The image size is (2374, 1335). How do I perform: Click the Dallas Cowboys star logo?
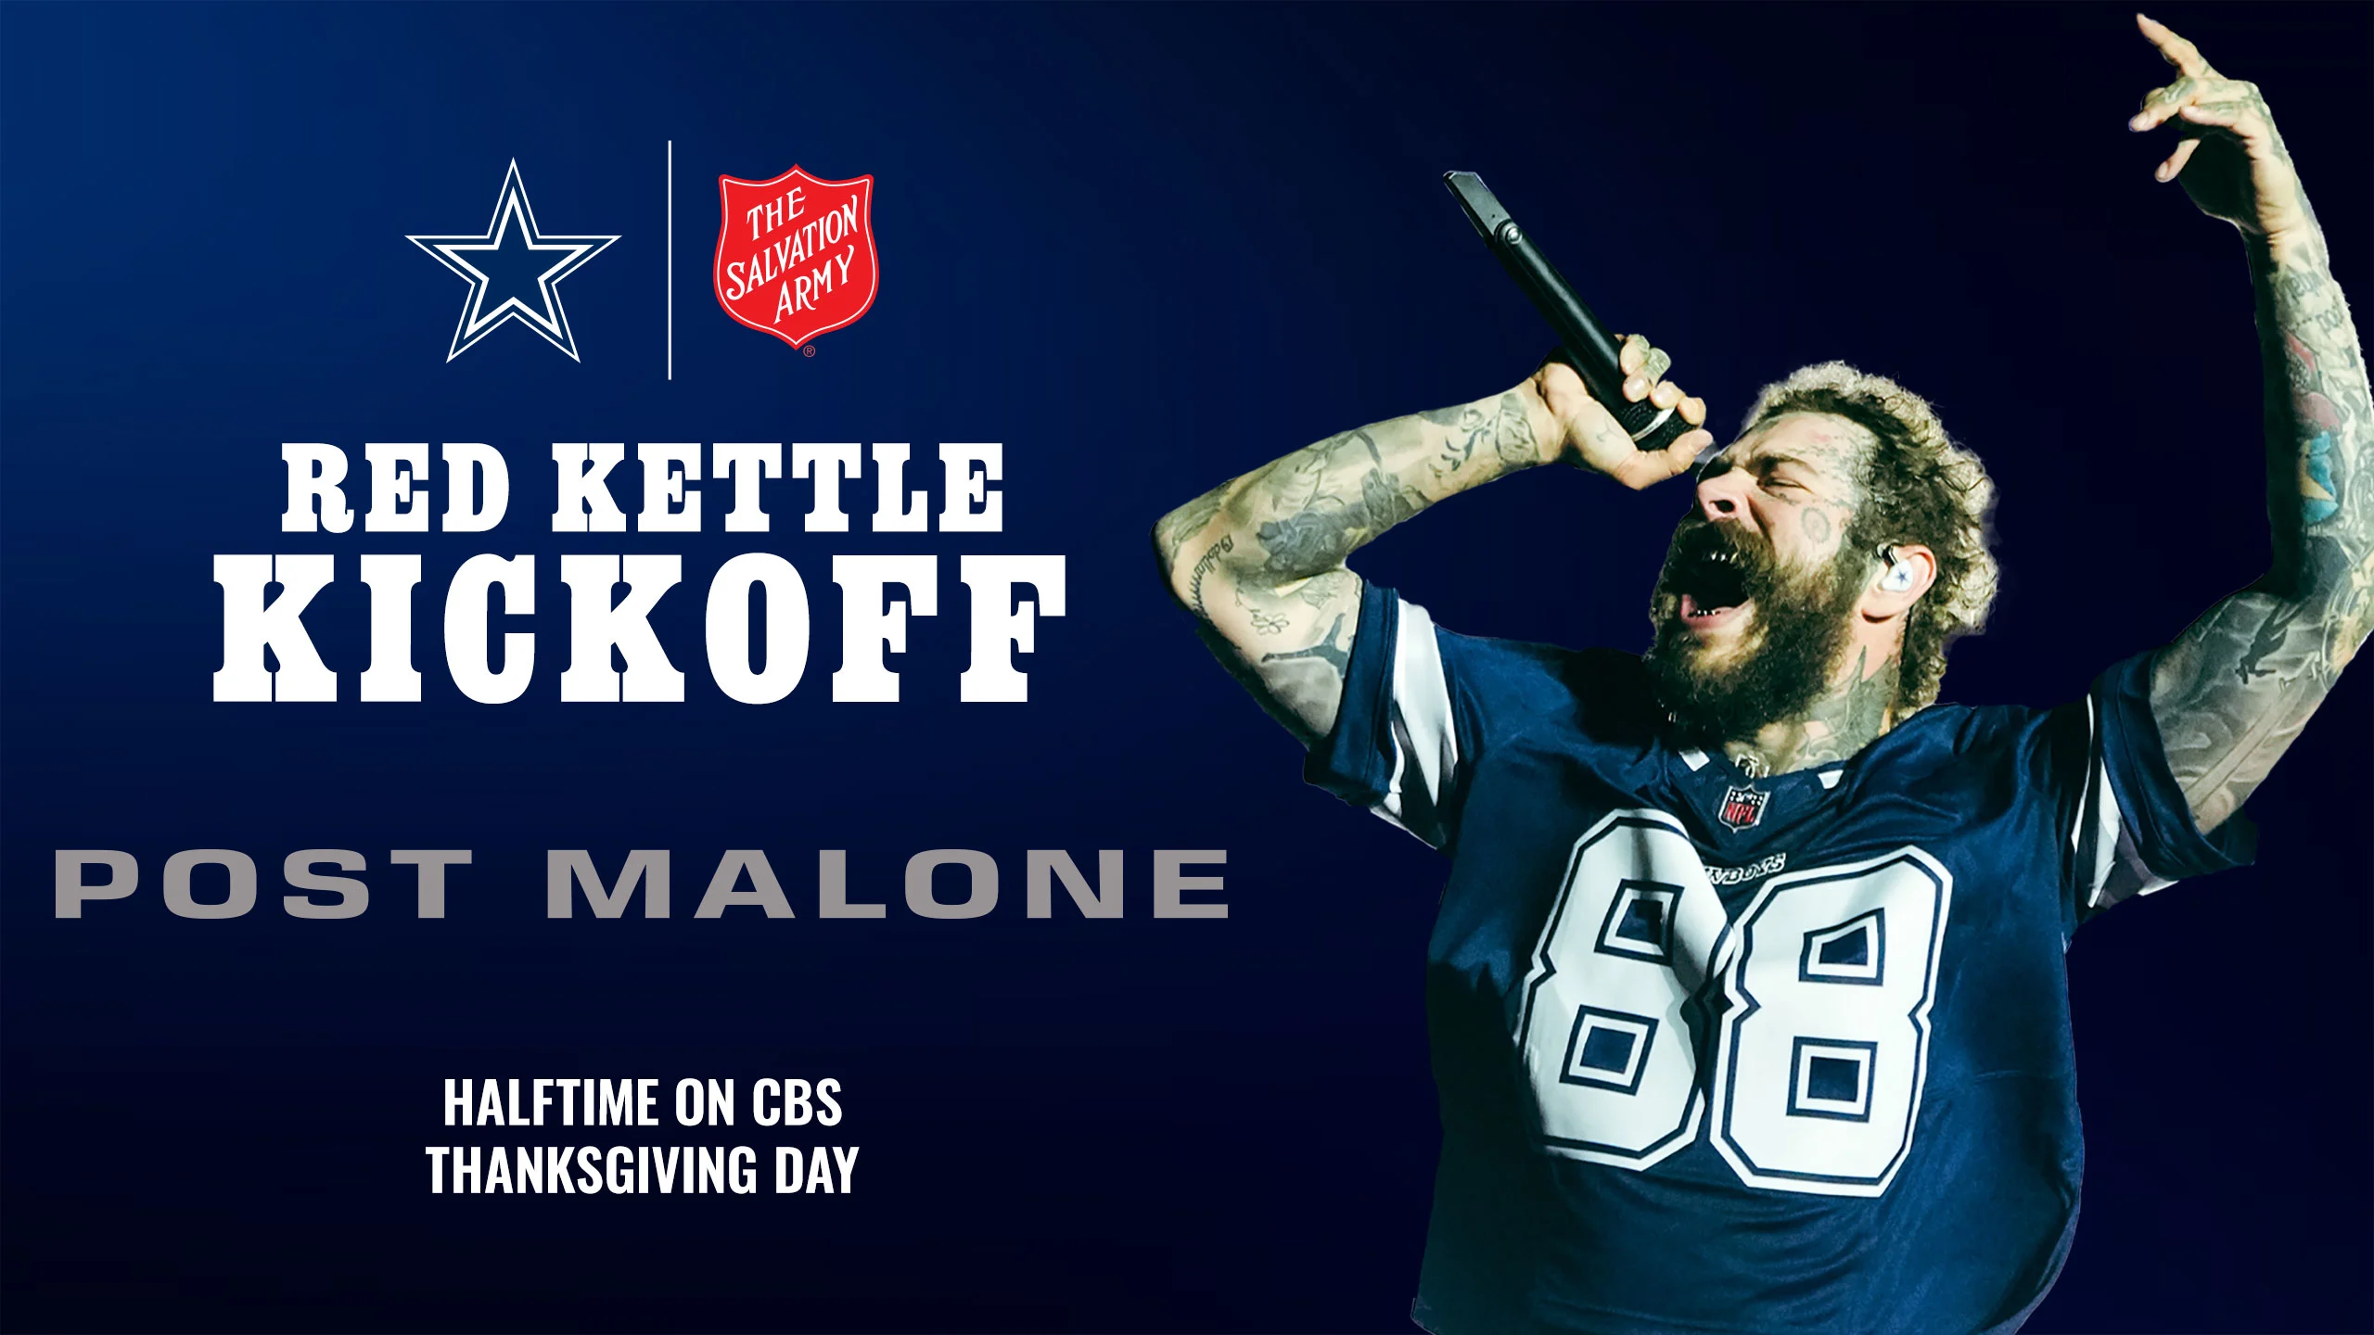(x=512, y=264)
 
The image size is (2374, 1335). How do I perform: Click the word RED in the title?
(x=397, y=488)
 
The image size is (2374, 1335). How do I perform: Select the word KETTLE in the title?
(x=777, y=488)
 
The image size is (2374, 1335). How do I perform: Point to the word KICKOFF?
(x=640, y=629)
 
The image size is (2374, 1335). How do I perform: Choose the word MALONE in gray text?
(x=888, y=883)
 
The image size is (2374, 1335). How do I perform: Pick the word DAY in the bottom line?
(x=816, y=1170)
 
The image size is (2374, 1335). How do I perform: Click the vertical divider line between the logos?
(x=670, y=260)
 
